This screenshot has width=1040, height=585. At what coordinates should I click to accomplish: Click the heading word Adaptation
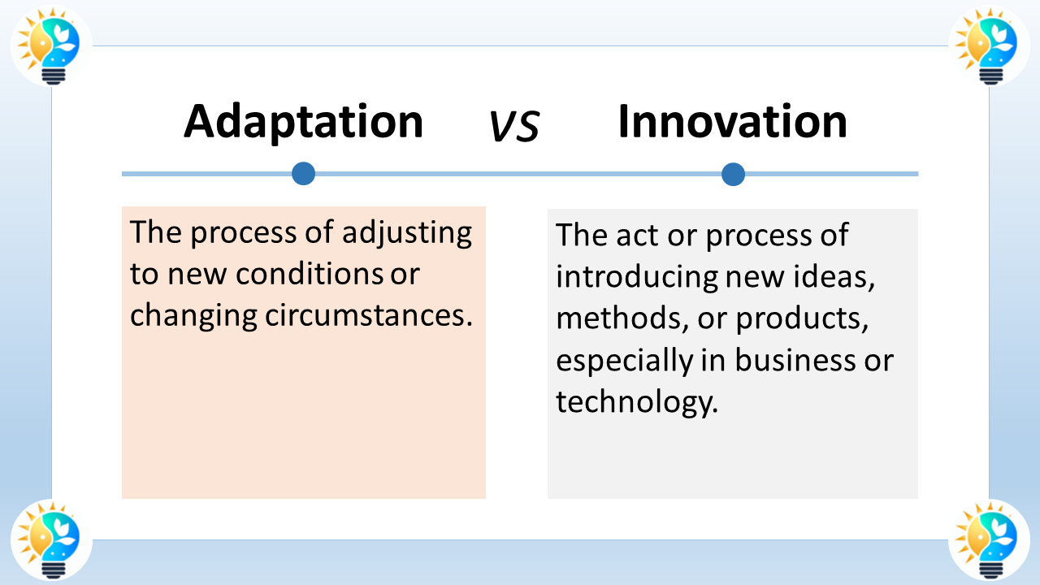pyautogui.click(x=303, y=122)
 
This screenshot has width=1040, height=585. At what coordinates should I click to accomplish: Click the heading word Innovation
pyautogui.click(x=732, y=122)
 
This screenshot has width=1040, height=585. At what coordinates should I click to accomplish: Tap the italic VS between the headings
pyautogui.click(x=514, y=126)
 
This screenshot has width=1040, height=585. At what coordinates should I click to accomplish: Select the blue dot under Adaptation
pyautogui.click(x=303, y=173)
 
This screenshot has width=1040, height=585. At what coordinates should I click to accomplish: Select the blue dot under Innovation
pyautogui.click(x=733, y=174)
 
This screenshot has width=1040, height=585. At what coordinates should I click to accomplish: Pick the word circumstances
pyautogui.click(x=369, y=316)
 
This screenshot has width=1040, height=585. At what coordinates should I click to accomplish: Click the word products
pyautogui.click(x=798, y=319)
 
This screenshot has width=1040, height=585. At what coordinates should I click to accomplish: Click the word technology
pyautogui.click(x=637, y=402)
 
